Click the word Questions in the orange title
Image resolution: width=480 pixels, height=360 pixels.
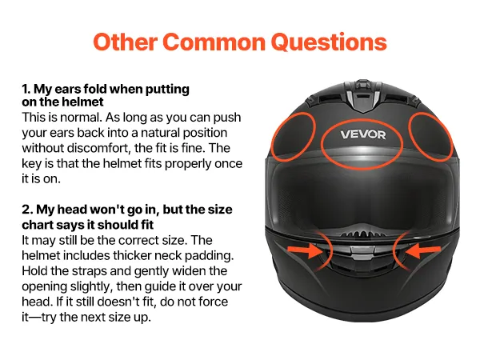(x=329, y=42)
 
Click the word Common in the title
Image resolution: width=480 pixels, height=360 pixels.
(x=214, y=42)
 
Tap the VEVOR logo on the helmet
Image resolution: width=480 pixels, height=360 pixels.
(x=363, y=134)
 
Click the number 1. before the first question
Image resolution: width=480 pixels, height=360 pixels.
(x=26, y=89)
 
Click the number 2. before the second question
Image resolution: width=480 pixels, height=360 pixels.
(x=27, y=210)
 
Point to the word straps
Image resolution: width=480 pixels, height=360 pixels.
(x=91, y=271)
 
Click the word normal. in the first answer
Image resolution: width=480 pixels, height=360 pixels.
(x=81, y=118)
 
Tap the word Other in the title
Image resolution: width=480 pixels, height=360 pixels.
(x=126, y=42)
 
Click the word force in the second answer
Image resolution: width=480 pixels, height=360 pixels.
(x=213, y=302)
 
